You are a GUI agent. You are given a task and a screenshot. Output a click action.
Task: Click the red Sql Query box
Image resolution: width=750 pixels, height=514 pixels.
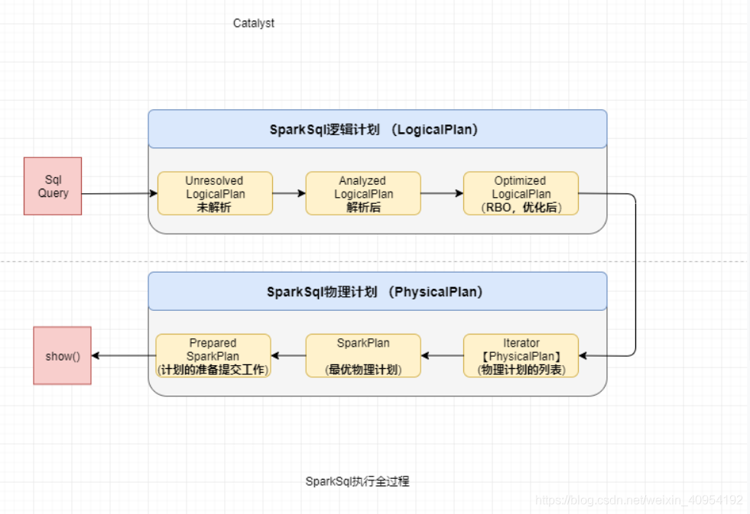pos(53,186)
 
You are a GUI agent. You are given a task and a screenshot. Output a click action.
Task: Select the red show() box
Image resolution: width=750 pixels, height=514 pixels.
pos(62,355)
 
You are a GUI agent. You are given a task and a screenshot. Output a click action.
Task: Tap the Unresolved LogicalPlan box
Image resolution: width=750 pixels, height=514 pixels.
pos(215,193)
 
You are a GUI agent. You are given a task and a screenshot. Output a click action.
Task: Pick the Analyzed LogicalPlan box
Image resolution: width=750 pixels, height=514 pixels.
pos(362,193)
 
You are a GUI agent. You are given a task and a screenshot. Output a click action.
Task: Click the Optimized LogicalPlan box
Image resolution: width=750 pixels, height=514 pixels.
pos(520,193)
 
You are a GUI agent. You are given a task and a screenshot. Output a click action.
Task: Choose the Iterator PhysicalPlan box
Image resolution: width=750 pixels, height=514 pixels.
pos(521,356)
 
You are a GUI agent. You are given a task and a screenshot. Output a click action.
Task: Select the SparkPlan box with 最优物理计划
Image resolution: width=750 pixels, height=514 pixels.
pos(363,356)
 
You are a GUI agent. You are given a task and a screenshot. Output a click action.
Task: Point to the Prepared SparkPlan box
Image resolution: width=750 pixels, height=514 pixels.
pos(213,356)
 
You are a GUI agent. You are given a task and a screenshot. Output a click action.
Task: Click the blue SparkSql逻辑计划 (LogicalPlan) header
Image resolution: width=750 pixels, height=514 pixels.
pos(377,129)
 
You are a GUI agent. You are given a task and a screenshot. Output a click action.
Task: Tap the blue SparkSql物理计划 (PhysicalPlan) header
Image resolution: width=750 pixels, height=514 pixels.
pos(377,292)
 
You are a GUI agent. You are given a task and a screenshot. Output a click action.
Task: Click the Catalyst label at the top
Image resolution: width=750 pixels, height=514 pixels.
pos(254,24)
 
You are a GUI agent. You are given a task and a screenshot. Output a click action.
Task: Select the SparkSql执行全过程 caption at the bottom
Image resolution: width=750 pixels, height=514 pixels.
pos(357,481)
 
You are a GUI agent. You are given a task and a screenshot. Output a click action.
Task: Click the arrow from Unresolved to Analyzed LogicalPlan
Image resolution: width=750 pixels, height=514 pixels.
pos(289,193)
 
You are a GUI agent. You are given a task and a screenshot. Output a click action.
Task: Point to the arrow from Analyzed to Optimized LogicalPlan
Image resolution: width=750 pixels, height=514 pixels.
pos(442,193)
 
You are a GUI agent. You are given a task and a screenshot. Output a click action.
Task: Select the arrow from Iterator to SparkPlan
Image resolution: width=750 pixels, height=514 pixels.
pos(442,356)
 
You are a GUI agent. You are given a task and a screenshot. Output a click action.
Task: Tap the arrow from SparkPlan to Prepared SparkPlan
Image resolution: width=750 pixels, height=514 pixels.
pos(288,356)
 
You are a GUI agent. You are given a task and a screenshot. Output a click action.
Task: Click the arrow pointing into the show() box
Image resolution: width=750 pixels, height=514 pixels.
pos(123,356)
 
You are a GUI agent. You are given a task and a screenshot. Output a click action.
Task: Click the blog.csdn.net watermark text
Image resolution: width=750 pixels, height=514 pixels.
pos(638,500)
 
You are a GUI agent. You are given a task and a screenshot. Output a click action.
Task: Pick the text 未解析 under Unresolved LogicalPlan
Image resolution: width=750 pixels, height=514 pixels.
pos(214,207)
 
